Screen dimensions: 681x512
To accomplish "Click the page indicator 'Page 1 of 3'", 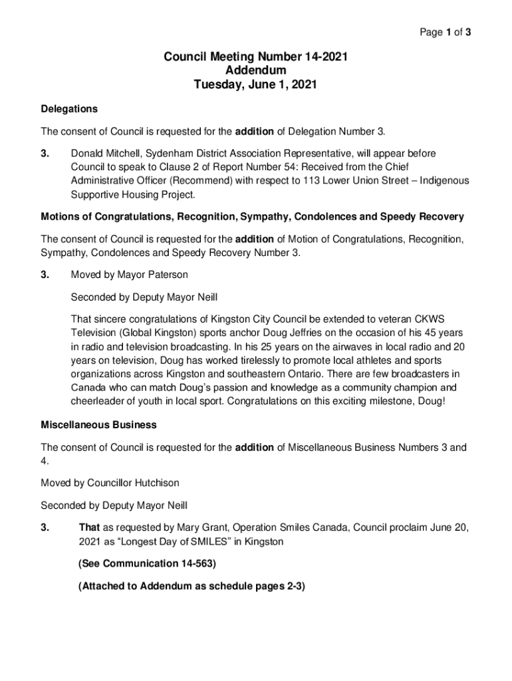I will (444, 32).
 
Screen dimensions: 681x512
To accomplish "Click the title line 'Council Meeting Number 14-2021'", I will (255, 57).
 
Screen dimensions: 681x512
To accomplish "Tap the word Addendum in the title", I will (255, 70).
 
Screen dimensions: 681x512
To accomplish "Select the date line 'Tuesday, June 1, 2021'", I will (255, 84).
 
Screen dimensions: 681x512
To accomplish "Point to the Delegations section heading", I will (69, 108).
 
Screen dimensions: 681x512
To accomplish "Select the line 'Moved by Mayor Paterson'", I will (130, 275).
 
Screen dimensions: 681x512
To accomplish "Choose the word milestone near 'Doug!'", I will (373, 401).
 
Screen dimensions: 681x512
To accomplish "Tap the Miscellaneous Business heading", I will (98, 424).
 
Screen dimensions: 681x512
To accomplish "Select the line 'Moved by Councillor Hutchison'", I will (110, 482).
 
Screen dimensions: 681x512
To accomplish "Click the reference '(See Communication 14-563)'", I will (147, 564).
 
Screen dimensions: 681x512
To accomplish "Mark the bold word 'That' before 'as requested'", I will (89, 528).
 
